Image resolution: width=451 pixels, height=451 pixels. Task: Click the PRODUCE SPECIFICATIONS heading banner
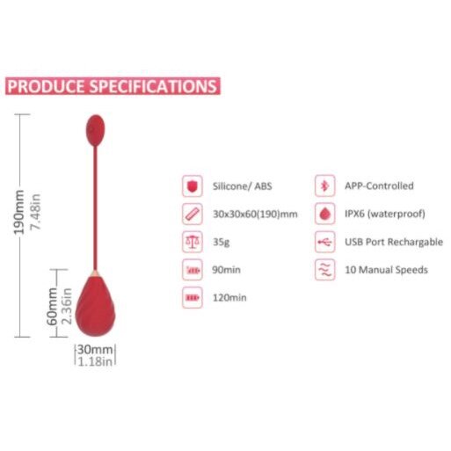point(113,86)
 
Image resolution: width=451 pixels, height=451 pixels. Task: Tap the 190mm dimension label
point(19,212)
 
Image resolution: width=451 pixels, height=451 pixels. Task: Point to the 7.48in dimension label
point(35,212)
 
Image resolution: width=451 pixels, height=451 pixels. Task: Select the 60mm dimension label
point(52,306)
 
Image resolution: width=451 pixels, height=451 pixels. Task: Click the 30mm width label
point(95,349)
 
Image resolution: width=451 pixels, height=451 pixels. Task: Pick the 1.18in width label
point(95,361)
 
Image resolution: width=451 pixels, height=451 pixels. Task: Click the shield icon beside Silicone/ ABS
point(193,186)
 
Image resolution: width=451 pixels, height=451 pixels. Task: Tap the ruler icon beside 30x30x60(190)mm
point(193,214)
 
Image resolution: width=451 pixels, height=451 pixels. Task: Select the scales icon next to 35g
point(193,242)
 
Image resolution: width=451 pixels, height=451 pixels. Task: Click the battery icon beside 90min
point(193,270)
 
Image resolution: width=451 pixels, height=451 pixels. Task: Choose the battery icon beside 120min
point(193,298)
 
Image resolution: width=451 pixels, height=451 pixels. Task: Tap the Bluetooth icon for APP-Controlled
point(325,185)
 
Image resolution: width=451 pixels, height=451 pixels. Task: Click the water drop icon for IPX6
point(325,214)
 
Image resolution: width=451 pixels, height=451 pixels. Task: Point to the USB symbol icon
point(325,242)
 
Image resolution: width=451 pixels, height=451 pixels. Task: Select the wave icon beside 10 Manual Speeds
point(325,270)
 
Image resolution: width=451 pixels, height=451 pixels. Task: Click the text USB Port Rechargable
point(394,242)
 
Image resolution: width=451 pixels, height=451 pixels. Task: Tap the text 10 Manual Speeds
point(386,270)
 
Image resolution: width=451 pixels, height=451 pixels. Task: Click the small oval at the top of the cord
point(95,130)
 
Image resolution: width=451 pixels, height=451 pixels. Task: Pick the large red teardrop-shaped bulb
point(95,305)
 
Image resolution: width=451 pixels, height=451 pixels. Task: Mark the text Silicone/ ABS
point(243,186)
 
